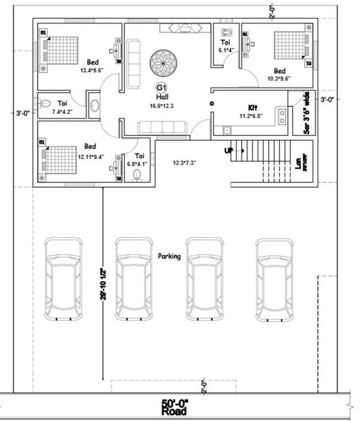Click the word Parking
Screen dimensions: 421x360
169,256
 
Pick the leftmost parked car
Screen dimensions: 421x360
64,278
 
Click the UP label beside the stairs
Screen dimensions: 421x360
229,150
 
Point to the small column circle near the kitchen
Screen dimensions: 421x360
211,103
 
